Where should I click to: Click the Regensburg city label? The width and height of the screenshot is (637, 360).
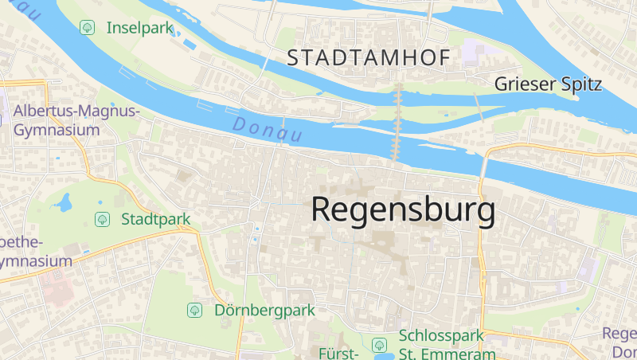403,210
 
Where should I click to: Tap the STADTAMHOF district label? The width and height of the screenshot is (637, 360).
369,57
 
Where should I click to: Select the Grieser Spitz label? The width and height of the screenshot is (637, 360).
548,84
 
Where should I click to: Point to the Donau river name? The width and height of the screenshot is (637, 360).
267,130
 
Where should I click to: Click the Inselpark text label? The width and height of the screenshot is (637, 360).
140,28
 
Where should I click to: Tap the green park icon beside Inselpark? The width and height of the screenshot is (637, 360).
87,28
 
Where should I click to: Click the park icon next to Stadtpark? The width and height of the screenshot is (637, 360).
102,218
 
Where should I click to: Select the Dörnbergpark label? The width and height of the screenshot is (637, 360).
264,310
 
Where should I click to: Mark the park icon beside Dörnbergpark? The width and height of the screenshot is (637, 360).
193,310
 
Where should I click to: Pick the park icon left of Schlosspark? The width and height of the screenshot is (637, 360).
379,345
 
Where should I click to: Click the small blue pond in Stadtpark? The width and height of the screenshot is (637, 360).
63,204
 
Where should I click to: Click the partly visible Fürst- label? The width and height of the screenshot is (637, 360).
339,352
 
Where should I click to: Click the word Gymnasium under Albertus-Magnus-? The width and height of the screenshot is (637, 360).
57,130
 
